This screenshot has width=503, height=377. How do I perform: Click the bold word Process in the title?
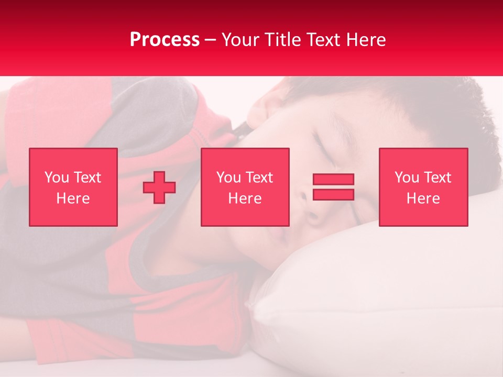click(x=165, y=40)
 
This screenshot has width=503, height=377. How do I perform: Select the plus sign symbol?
click(x=159, y=187)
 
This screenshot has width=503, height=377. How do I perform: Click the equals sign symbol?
click(x=333, y=187)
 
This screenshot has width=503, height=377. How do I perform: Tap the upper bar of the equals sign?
click(x=333, y=180)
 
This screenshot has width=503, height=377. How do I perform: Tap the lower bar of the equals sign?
click(x=333, y=195)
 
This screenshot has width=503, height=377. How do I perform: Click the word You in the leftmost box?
click(x=57, y=178)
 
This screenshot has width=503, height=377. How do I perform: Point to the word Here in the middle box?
click(x=245, y=198)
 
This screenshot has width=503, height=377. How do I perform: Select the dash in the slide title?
click(x=211, y=40)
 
